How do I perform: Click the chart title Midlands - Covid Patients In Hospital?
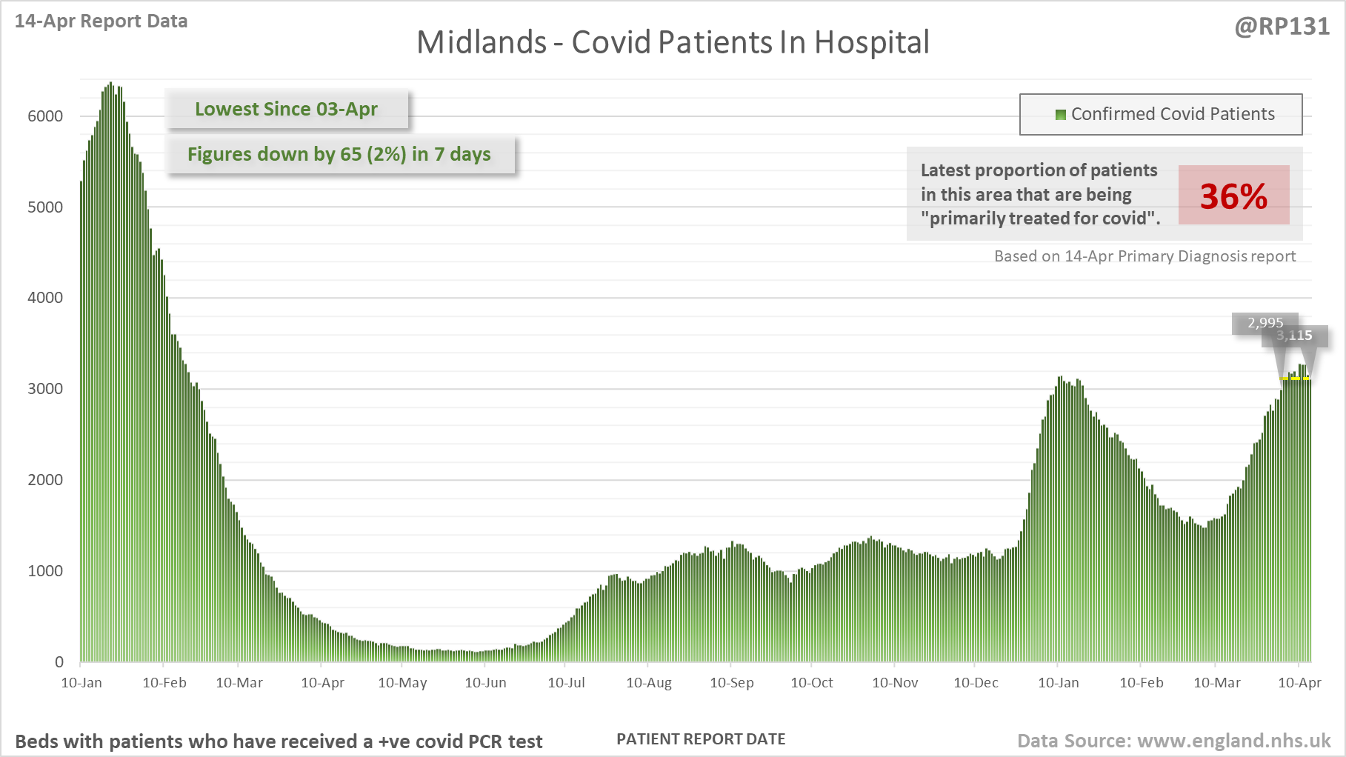tap(673, 42)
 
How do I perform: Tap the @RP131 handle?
tap(1282, 27)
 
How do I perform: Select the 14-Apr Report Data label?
tap(101, 21)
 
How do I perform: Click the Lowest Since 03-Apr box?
tap(286, 109)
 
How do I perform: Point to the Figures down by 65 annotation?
tap(339, 154)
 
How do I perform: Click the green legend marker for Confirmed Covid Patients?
tap(1060, 114)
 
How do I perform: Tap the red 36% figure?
tap(1233, 196)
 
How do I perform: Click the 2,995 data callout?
tap(1265, 323)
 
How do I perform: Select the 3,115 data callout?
tap(1294, 336)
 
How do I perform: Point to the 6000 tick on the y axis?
tap(45, 116)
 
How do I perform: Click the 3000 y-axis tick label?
tap(45, 389)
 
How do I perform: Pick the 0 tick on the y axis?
tap(59, 662)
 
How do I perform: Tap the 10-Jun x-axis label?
tap(485, 683)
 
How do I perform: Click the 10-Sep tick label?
tap(731, 683)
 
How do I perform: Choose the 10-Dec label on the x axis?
tap(976, 683)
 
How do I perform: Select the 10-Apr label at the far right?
tap(1299, 683)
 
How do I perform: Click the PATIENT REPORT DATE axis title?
tap(701, 739)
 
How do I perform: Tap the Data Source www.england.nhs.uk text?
tap(1173, 741)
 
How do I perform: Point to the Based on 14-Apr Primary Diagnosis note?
tap(1145, 256)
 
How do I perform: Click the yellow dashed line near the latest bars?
tap(1296, 378)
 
